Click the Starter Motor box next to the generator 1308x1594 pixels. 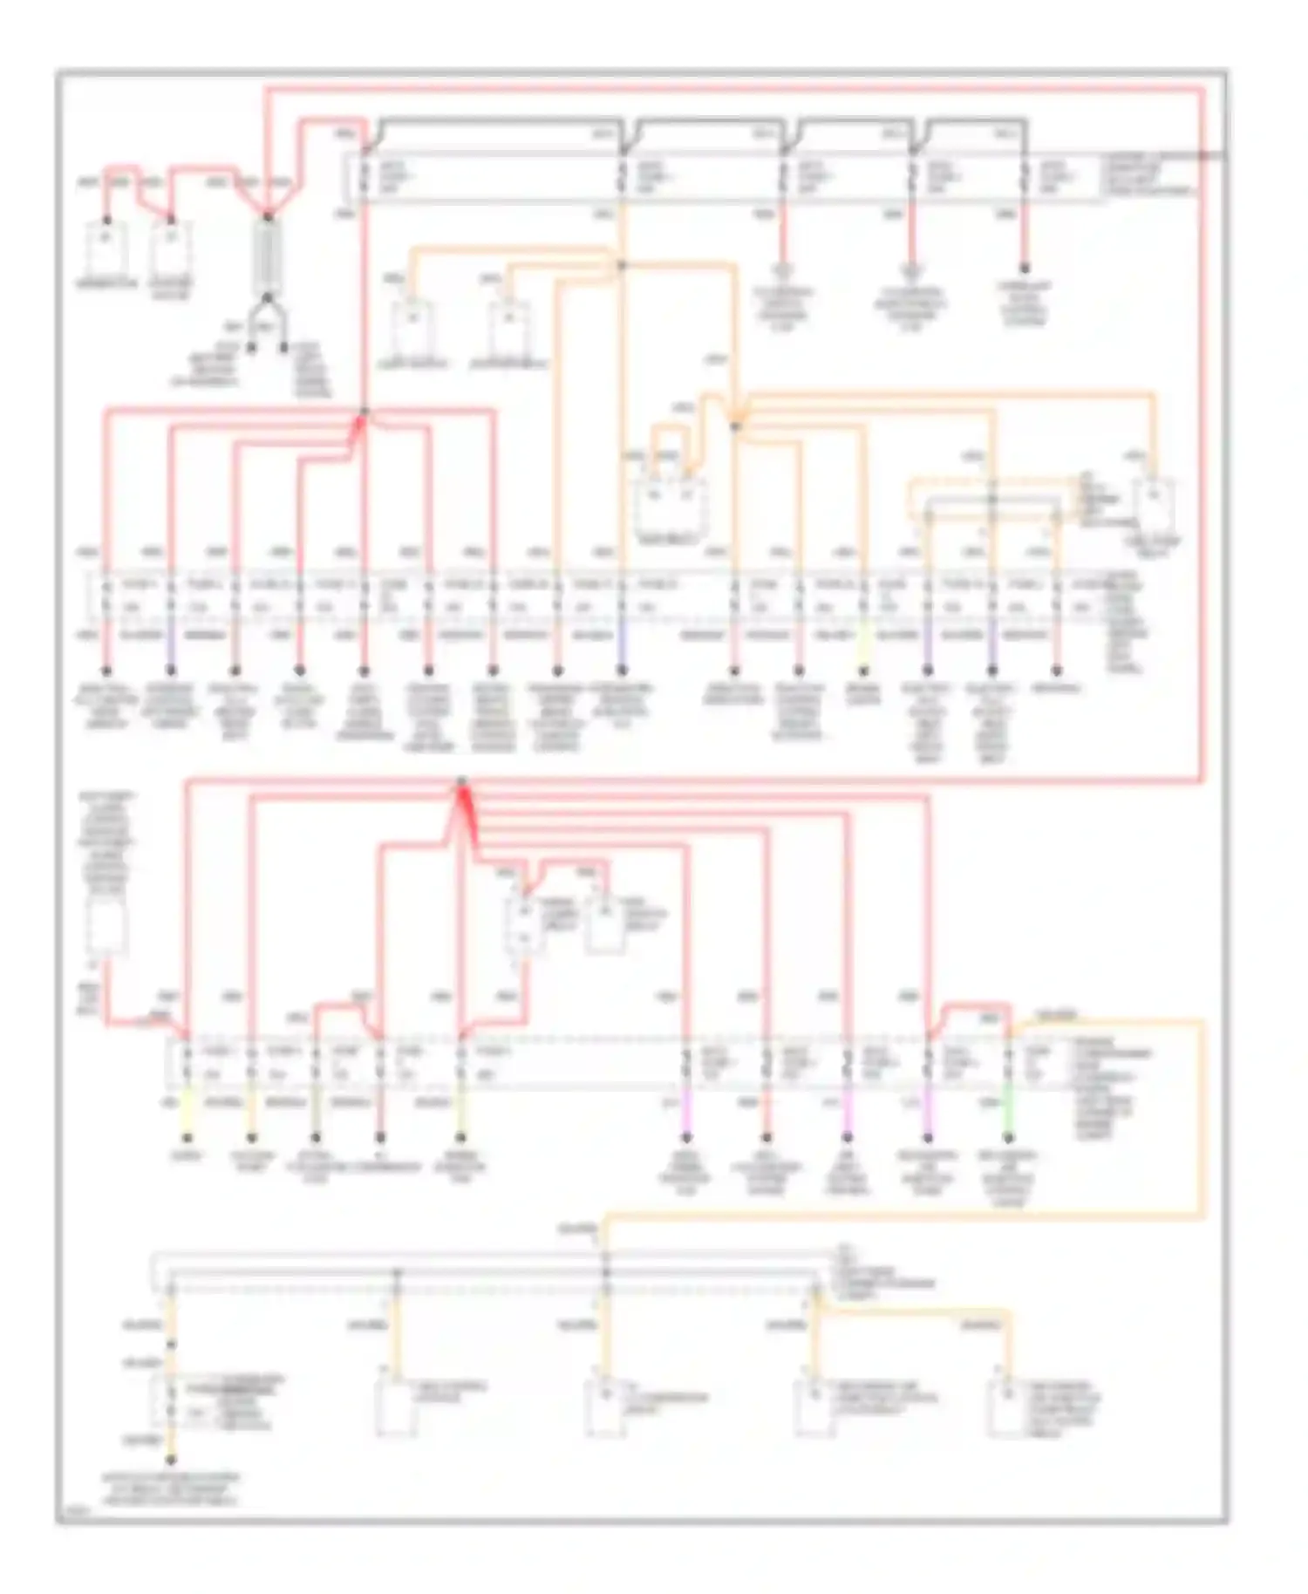tap(171, 247)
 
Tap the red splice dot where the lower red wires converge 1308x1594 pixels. tap(461, 781)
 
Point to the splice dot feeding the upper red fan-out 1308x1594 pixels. tap(364, 411)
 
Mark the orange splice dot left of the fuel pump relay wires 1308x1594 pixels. tap(735, 426)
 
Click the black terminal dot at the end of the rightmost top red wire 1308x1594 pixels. tap(1025, 269)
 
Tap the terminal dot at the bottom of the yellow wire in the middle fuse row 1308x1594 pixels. tap(863, 671)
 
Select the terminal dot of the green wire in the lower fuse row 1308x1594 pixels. tap(1008, 1137)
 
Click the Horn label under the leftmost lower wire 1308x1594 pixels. tap(187, 1156)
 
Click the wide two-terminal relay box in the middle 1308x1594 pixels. tap(669, 505)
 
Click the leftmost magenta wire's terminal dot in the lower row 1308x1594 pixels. tap(686, 1137)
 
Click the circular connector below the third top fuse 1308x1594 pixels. tap(783, 270)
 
